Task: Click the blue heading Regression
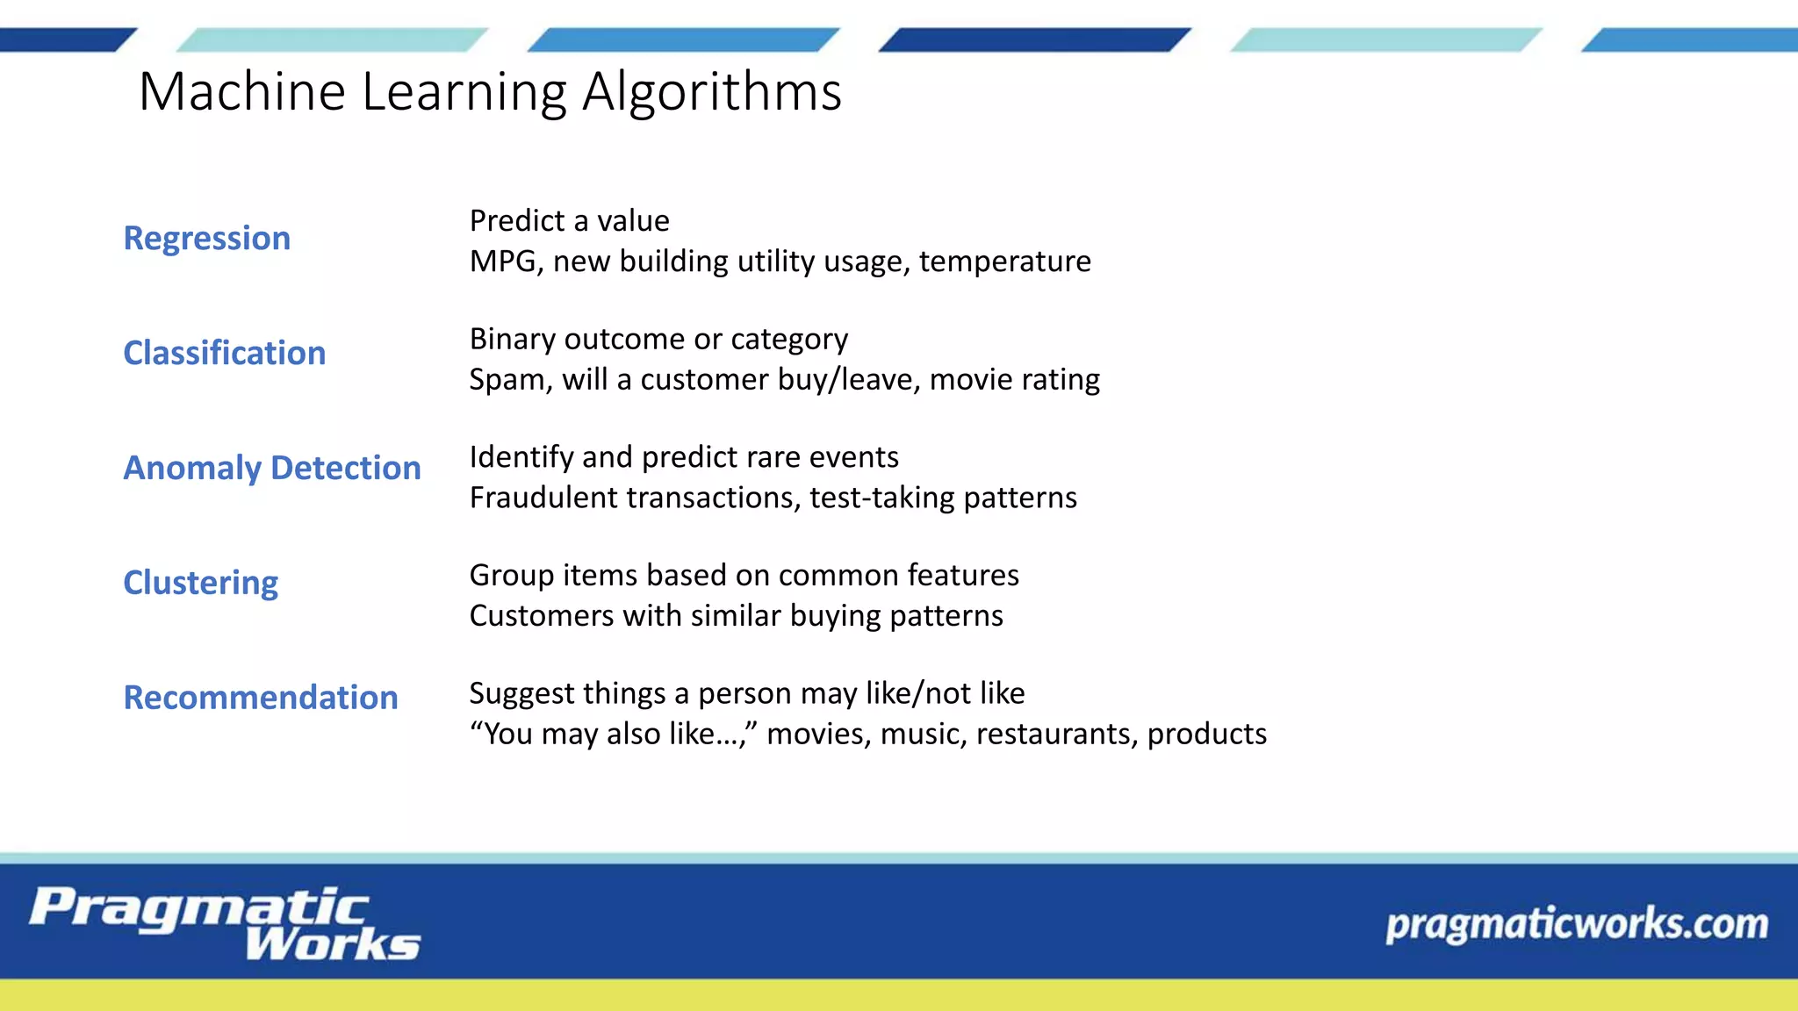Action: pyautogui.click(x=206, y=239)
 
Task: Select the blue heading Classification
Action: pyautogui.click(x=224, y=353)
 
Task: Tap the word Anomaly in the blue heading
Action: pyautogui.click(x=192, y=469)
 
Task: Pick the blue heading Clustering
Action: pyautogui.click(x=200, y=583)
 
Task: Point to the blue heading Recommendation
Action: pyautogui.click(x=260, y=698)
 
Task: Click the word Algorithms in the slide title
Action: pyautogui.click(x=711, y=91)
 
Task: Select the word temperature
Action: pyautogui.click(x=1004, y=262)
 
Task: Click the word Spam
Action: pyautogui.click(x=507, y=379)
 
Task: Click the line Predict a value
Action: pyautogui.click(x=569, y=221)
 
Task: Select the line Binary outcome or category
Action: pyautogui.click(x=658, y=339)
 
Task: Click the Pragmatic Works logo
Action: pyautogui.click(x=225, y=923)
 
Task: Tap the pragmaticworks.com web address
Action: pyautogui.click(x=1576, y=924)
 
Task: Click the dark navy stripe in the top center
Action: pyautogui.click(x=1034, y=40)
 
